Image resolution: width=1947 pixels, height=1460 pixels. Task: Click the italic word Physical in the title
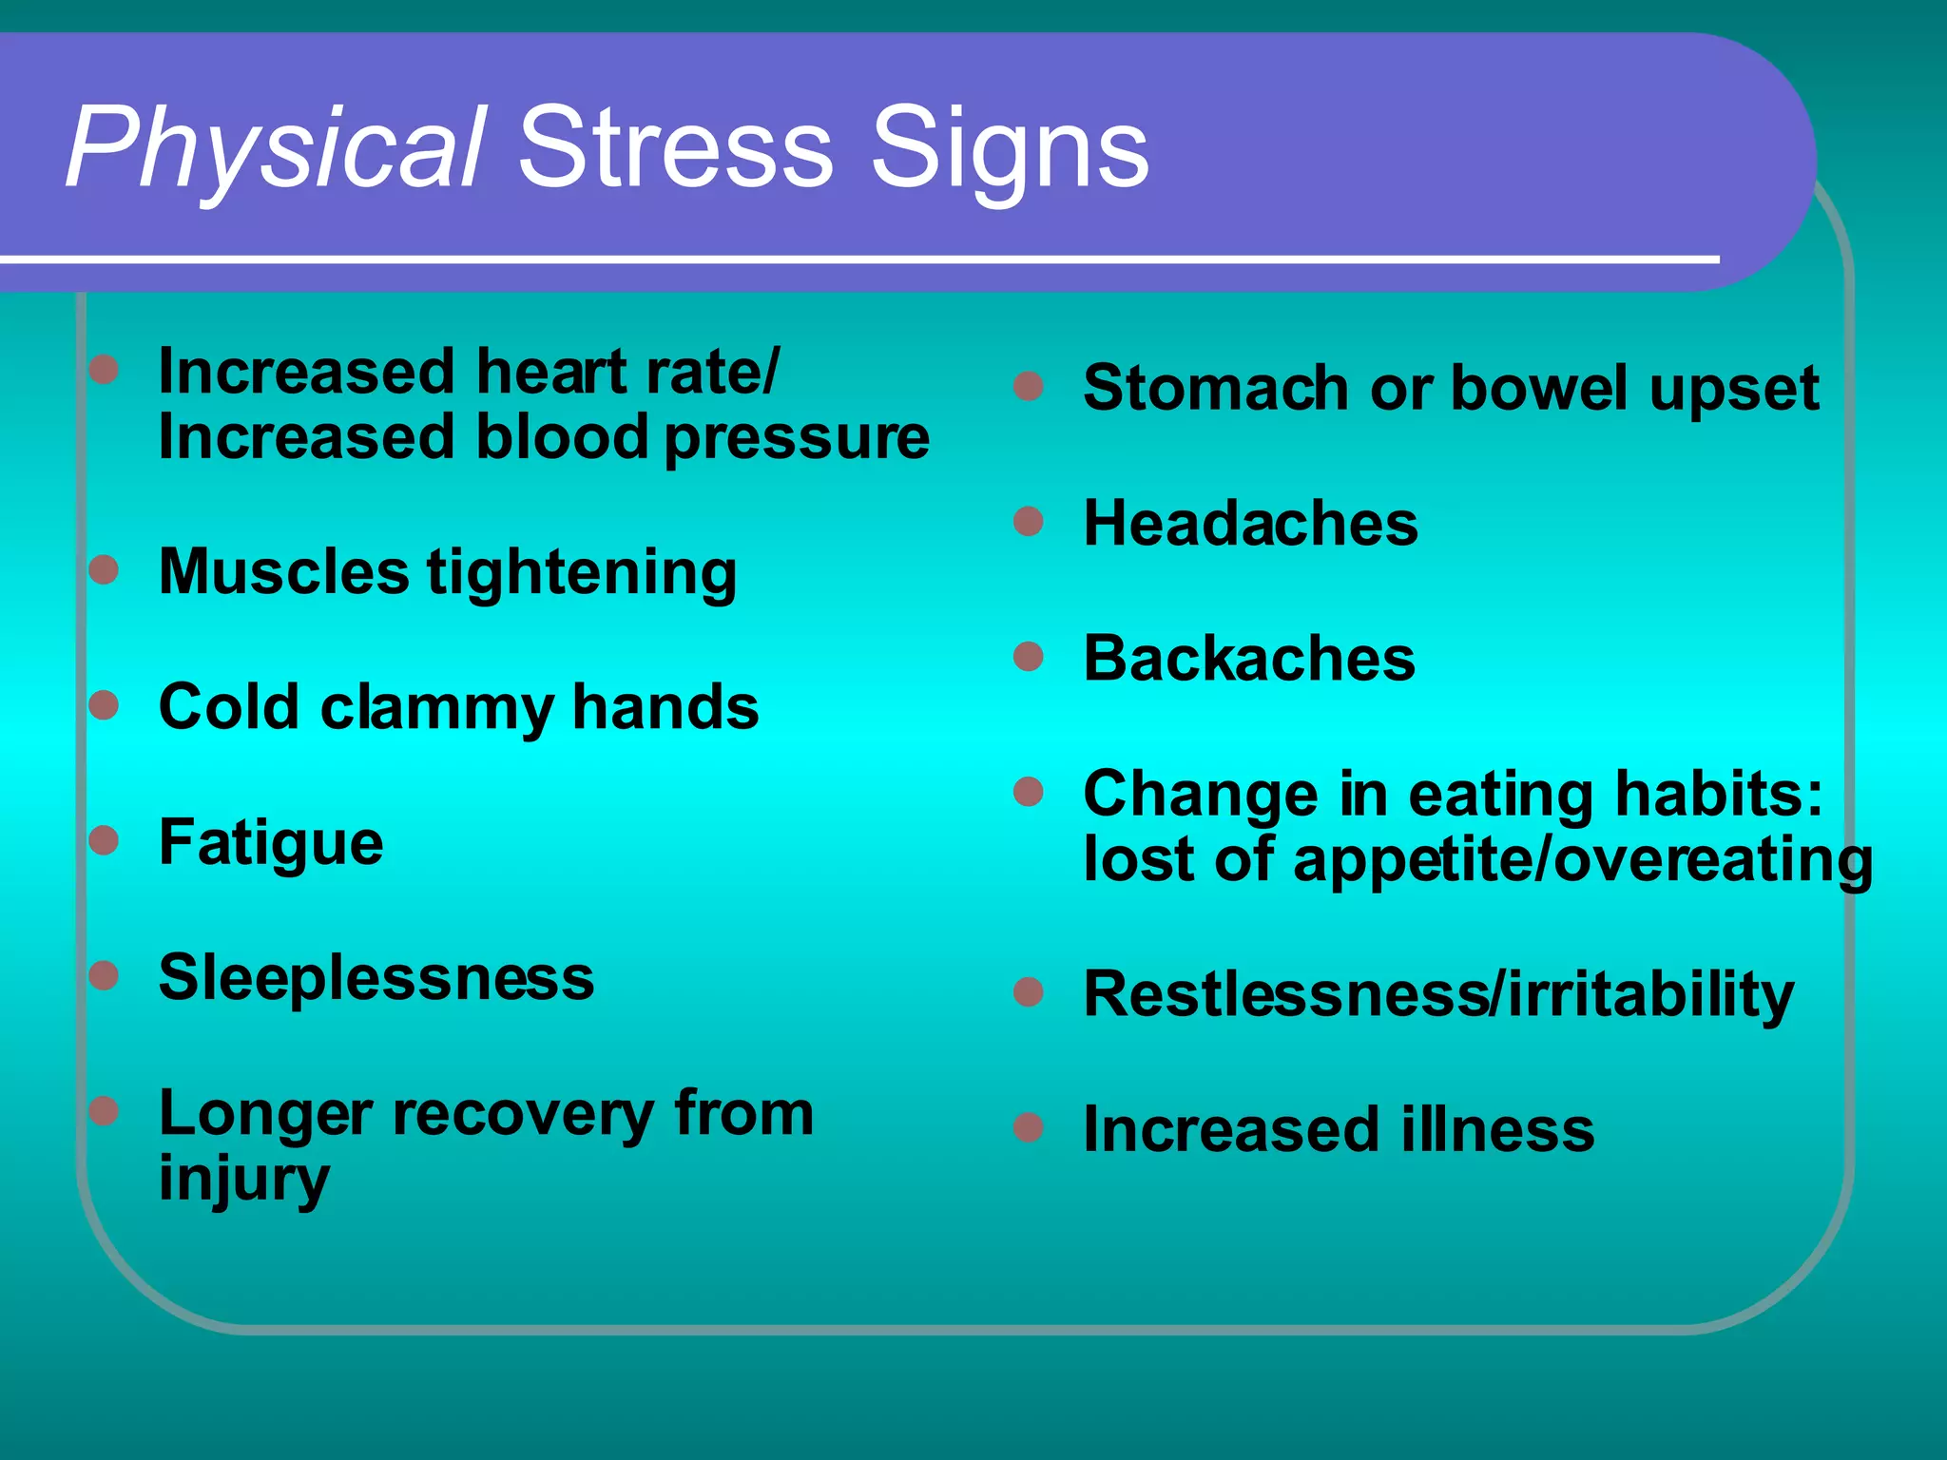click(276, 149)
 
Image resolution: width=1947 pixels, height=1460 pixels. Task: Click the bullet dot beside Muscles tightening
click(104, 570)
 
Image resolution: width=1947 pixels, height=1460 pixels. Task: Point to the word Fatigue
click(271, 843)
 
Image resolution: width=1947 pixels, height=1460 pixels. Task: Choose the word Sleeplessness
click(376, 977)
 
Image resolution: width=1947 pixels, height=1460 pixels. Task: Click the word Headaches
click(1250, 524)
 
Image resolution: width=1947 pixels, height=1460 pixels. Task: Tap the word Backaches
click(1249, 658)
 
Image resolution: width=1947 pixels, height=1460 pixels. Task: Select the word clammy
click(437, 708)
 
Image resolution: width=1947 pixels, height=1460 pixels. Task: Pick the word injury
click(244, 1180)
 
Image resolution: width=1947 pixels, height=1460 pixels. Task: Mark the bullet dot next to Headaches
click(1029, 521)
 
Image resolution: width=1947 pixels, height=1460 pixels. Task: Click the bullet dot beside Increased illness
click(1029, 1127)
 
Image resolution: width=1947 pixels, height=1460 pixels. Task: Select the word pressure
click(797, 438)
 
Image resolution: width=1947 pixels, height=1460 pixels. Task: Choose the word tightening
click(581, 573)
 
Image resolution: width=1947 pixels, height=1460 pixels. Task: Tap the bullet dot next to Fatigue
click(104, 840)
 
